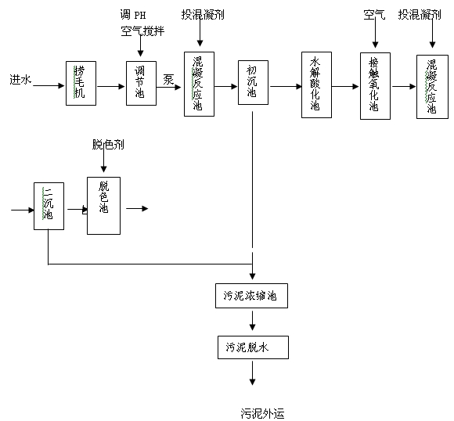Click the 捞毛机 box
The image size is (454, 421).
(80, 81)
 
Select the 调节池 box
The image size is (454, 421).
(141, 81)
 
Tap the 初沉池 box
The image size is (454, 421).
(252, 81)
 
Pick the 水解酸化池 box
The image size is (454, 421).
(316, 85)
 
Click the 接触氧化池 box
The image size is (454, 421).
(375, 86)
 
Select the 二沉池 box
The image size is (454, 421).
(49, 206)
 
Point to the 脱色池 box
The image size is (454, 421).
(103, 205)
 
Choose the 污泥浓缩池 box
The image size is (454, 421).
(251, 297)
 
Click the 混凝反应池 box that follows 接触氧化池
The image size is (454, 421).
(431, 86)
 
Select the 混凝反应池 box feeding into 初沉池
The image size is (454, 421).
(199, 84)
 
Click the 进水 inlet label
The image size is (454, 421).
(20, 79)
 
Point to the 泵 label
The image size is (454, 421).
(168, 78)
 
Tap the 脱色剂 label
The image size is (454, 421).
(108, 145)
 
